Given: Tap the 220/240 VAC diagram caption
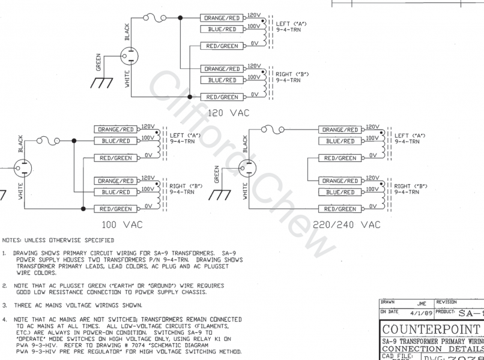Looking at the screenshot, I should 346,224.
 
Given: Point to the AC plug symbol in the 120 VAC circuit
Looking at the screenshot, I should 129,58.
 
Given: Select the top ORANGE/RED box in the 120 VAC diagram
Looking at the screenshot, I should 220,18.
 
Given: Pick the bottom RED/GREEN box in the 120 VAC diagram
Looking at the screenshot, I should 220,97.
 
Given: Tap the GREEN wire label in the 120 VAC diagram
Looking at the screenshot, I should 98,62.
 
